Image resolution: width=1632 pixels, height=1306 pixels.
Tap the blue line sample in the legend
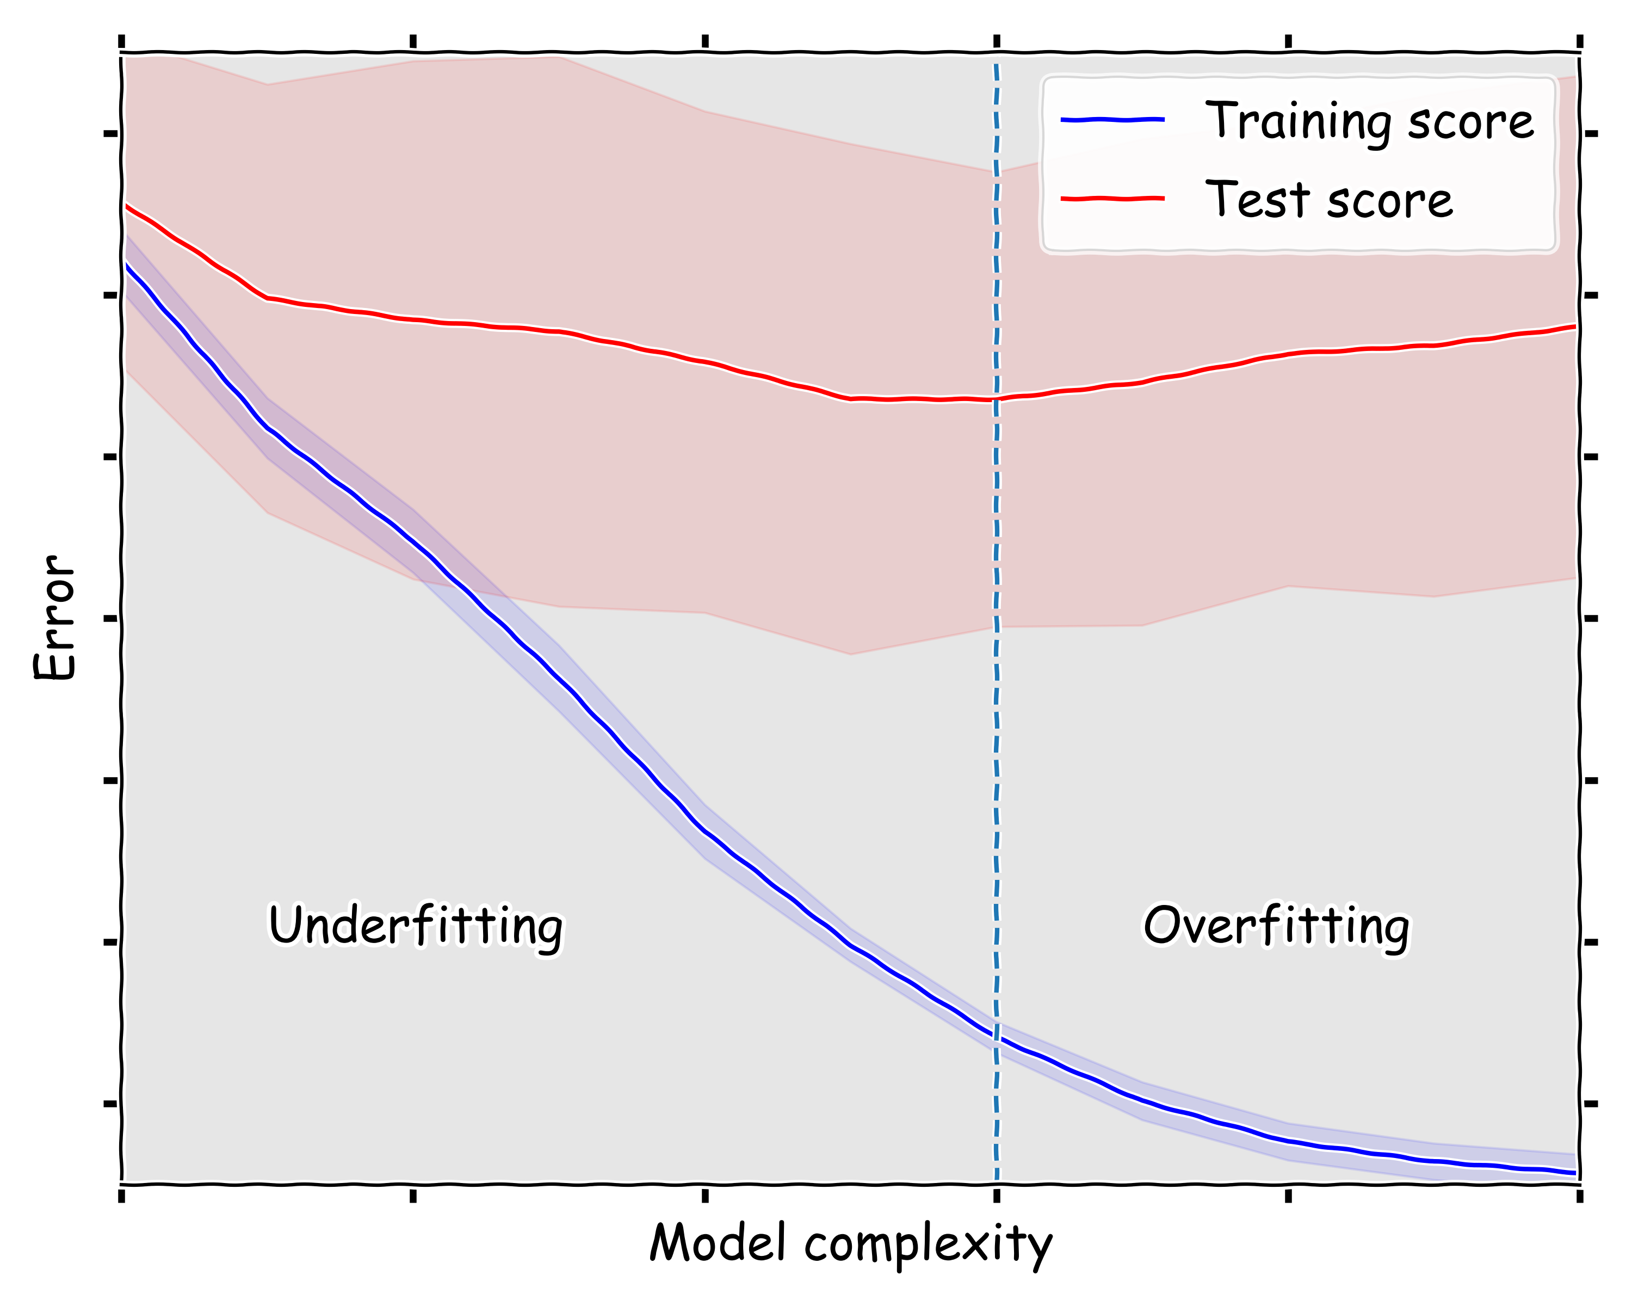(1112, 119)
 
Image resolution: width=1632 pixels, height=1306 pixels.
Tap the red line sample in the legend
(1112, 199)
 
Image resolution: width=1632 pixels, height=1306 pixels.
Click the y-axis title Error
(54, 617)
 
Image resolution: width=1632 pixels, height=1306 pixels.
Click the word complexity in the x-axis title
(928, 1246)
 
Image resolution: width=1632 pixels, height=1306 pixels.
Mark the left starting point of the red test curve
(125, 205)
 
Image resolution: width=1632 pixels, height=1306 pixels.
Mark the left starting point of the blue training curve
(125, 263)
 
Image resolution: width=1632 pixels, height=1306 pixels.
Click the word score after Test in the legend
(1390, 201)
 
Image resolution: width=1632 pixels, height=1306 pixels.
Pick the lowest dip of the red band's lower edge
(851, 654)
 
